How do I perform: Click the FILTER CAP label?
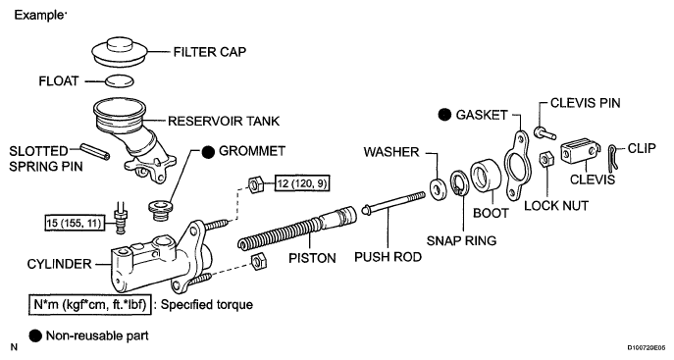coord(210,52)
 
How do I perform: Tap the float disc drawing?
coord(119,80)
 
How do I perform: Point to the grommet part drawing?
coord(161,209)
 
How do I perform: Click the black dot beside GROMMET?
coord(208,152)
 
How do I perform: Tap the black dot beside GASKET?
coord(444,115)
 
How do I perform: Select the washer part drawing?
coord(439,188)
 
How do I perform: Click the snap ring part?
coord(460,182)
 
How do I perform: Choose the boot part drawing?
coord(486,177)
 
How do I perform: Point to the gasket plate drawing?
coord(517,166)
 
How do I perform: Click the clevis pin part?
coord(545,132)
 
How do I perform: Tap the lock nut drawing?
coord(546,159)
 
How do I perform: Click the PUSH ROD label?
coord(388,257)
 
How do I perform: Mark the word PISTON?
coord(313,258)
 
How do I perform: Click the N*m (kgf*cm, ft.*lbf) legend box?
coord(90,305)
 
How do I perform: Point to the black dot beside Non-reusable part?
coord(35,335)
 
